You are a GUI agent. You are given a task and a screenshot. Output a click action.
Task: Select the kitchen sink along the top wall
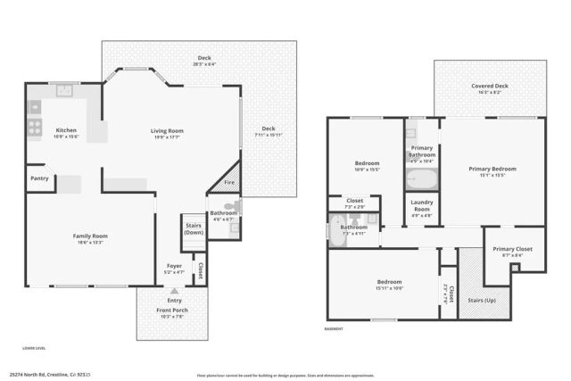(x=63, y=89)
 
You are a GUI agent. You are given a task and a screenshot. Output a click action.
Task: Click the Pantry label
(x=38, y=178)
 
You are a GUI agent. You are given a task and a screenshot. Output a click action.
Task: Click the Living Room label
(x=166, y=131)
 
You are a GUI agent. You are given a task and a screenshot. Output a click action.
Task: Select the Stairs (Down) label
(x=193, y=228)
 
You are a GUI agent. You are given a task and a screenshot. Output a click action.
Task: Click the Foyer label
(x=175, y=266)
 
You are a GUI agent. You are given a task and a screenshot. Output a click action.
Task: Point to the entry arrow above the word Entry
(x=174, y=291)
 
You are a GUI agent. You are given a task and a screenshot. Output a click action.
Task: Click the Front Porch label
(x=174, y=311)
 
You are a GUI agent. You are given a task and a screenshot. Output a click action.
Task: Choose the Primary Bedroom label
(x=492, y=169)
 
